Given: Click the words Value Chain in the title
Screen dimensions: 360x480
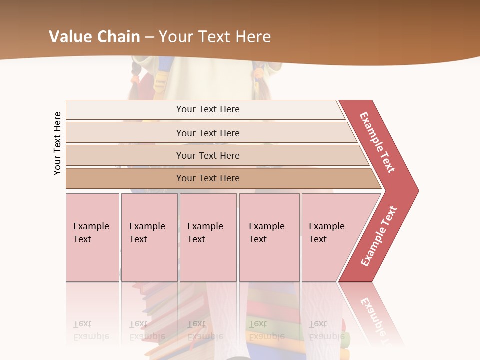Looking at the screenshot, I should tap(95, 37).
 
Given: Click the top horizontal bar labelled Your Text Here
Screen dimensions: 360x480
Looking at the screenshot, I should tap(207, 109).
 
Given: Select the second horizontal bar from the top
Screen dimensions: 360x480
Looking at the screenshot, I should tap(207, 133).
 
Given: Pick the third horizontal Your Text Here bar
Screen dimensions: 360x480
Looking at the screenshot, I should tap(207, 155).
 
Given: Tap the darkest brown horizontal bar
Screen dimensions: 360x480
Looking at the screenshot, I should tap(207, 178).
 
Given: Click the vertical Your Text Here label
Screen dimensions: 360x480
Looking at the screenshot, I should tap(57, 143).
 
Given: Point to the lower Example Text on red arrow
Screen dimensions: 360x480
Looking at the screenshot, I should tap(379, 236).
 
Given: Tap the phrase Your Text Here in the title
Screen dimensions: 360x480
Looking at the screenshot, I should tap(215, 37).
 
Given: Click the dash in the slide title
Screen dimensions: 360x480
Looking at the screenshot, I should tap(149, 37).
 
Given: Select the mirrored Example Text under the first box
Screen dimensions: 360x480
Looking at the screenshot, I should tap(91, 330).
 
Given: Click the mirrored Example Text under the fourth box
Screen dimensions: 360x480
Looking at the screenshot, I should tap(266, 330).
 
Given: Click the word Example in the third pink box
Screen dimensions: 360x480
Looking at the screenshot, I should tap(205, 226).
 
